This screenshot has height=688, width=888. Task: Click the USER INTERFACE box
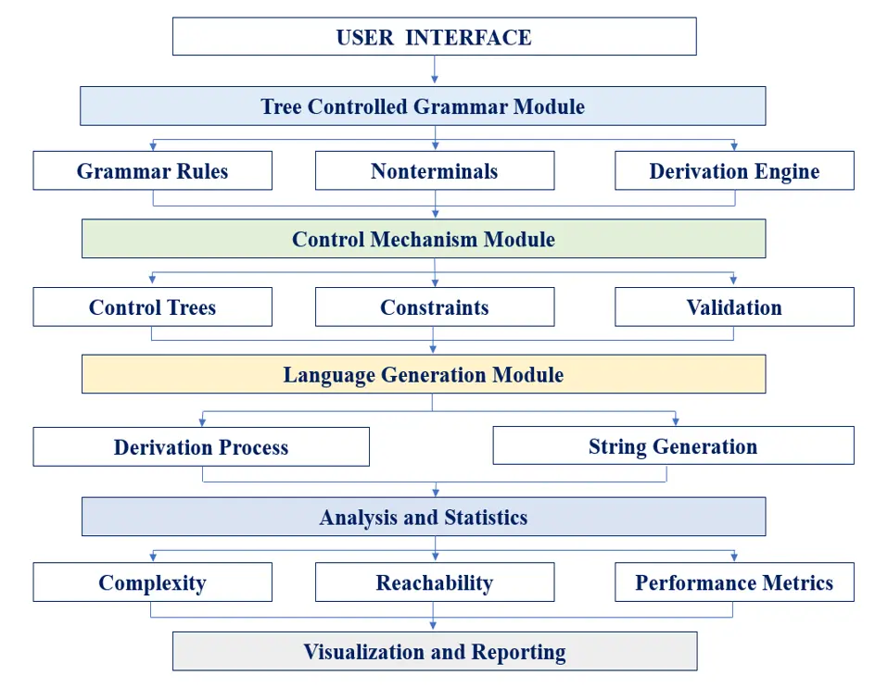coord(435,36)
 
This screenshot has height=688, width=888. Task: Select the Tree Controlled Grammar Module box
coord(423,106)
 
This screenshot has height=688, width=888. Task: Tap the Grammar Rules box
coord(152,170)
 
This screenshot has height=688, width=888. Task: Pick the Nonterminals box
coord(435,170)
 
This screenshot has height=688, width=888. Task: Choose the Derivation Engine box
coord(734,170)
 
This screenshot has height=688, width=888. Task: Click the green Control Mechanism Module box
coord(424,239)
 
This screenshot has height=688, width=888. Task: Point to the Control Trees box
coord(152,306)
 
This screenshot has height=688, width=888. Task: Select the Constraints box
coord(435,306)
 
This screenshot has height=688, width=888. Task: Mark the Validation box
coord(734,306)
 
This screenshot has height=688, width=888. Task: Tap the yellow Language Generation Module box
coord(424,374)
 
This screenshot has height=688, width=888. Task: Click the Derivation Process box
coord(201,447)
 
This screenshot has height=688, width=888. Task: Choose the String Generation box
coord(673,445)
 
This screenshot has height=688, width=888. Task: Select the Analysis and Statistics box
coord(424,517)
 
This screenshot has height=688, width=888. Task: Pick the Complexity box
coord(152,582)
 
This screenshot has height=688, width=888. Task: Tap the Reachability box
coord(435,582)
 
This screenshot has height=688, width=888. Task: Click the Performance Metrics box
coord(734,582)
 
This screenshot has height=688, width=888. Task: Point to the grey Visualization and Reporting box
coord(435,651)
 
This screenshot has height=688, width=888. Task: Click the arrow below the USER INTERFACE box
coord(435,69)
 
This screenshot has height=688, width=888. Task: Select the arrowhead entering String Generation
coord(675,421)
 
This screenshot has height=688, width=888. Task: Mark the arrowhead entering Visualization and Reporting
coord(433,626)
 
